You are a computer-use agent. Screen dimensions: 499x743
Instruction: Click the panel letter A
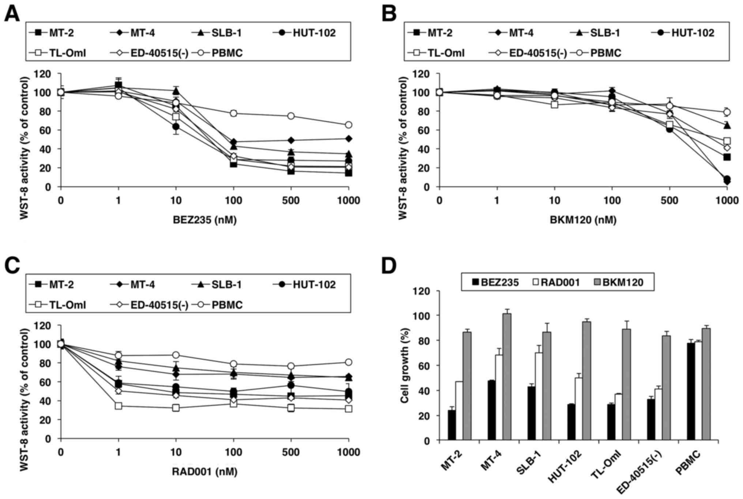point(12,14)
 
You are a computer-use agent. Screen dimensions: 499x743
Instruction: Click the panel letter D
point(389,266)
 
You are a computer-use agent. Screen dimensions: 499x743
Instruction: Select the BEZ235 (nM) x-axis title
point(204,220)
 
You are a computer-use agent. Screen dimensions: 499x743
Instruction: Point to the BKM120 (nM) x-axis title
point(583,220)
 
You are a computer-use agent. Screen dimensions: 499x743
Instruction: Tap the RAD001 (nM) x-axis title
point(204,472)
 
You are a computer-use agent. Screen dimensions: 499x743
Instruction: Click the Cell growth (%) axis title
point(405,366)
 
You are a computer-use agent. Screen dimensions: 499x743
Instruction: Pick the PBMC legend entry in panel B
point(598,53)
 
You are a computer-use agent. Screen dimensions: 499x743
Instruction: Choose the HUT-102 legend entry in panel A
point(305,33)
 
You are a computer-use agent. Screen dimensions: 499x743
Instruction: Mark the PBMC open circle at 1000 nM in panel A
point(349,125)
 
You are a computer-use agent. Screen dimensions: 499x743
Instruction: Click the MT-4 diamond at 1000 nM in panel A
point(349,139)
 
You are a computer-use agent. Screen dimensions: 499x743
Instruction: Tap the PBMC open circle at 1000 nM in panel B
point(727,112)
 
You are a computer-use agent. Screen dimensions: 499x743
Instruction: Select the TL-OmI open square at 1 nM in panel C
point(118,406)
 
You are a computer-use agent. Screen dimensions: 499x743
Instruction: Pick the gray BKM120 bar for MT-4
point(507,377)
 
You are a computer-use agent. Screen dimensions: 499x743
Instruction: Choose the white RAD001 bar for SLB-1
point(539,397)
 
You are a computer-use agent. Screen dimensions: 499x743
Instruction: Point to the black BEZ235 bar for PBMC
point(691,391)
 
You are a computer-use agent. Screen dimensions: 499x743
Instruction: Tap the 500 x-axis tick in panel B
point(669,200)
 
